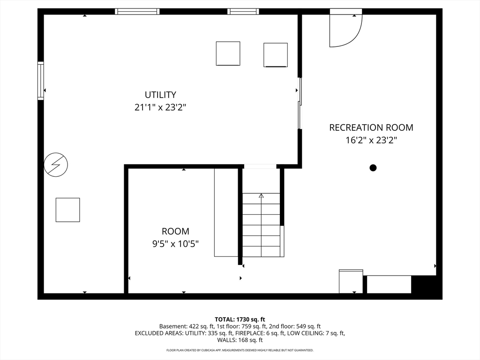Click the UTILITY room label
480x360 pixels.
click(x=160, y=95)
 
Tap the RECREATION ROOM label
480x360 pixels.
click(x=371, y=127)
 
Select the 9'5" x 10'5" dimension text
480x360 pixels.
click(x=176, y=244)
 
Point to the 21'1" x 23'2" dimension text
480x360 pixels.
click(x=160, y=107)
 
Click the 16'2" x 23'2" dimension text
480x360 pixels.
click(x=371, y=140)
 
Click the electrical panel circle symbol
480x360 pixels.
click(x=56, y=165)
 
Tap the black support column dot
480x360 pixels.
click(x=373, y=168)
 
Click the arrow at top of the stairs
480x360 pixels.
click(x=261, y=195)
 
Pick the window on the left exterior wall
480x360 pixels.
click(x=41, y=81)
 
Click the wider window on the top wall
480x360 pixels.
click(x=137, y=12)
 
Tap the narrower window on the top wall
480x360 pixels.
click(x=243, y=12)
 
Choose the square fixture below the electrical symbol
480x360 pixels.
click(x=67, y=210)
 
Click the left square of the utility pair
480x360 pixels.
click(x=228, y=53)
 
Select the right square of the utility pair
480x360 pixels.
click(x=276, y=55)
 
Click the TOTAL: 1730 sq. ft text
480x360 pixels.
click(x=240, y=320)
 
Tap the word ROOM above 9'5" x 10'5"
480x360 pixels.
click(x=175, y=231)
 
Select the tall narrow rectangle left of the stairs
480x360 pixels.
click(x=226, y=212)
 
